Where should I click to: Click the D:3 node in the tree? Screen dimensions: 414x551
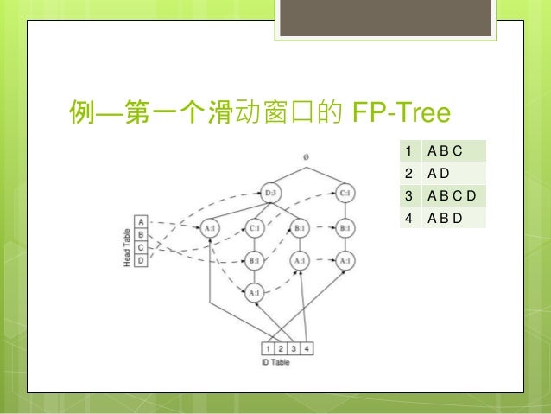[271, 193]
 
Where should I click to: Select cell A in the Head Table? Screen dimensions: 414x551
[142, 222]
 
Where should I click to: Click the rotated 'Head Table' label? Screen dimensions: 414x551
[127, 241]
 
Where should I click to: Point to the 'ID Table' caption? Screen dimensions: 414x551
[275, 362]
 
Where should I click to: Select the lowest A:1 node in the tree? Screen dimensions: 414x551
[255, 293]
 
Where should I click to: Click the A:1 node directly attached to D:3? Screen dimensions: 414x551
[210, 229]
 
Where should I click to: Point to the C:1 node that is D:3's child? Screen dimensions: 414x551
[255, 229]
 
